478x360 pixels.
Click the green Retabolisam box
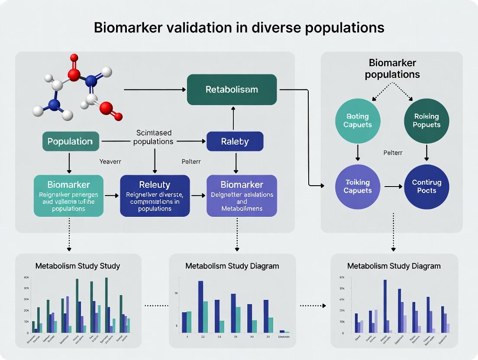click(232, 90)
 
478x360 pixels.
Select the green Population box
click(71, 141)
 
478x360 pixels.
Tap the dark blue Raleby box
click(235, 141)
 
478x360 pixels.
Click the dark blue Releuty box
click(155, 196)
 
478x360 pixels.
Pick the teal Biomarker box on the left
click(69, 196)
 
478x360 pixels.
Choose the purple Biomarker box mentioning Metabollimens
click(242, 196)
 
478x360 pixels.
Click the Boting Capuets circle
click(358, 120)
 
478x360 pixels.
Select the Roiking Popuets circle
click(426, 120)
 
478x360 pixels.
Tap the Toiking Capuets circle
click(358, 186)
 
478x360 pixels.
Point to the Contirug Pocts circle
click(426, 186)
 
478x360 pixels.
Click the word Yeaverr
click(110, 161)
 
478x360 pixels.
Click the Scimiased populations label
click(154, 137)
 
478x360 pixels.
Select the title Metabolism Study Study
click(78, 266)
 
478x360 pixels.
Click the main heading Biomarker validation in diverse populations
click(239, 28)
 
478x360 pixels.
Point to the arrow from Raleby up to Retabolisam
click(233, 118)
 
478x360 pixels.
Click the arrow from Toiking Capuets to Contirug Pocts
click(393, 186)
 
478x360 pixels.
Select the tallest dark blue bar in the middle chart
click(201, 307)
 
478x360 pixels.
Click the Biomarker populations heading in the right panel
click(392, 69)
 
